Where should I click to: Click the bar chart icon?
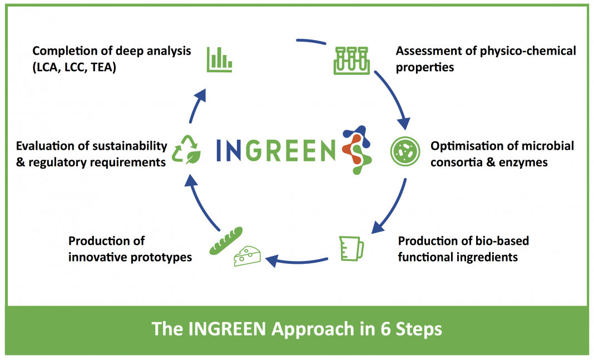(x=219, y=60)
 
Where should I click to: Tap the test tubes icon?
(x=352, y=61)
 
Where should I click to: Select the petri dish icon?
(x=405, y=151)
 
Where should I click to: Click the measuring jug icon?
(x=351, y=249)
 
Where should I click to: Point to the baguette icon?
(x=226, y=241)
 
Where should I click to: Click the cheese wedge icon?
(x=247, y=256)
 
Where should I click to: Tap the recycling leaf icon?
(x=186, y=150)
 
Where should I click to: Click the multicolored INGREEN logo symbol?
(x=357, y=150)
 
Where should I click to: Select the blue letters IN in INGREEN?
(x=229, y=150)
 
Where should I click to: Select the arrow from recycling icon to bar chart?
(x=197, y=105)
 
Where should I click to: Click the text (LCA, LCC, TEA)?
(x=75, y=67)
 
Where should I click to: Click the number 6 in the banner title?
(x=385, y=329)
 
